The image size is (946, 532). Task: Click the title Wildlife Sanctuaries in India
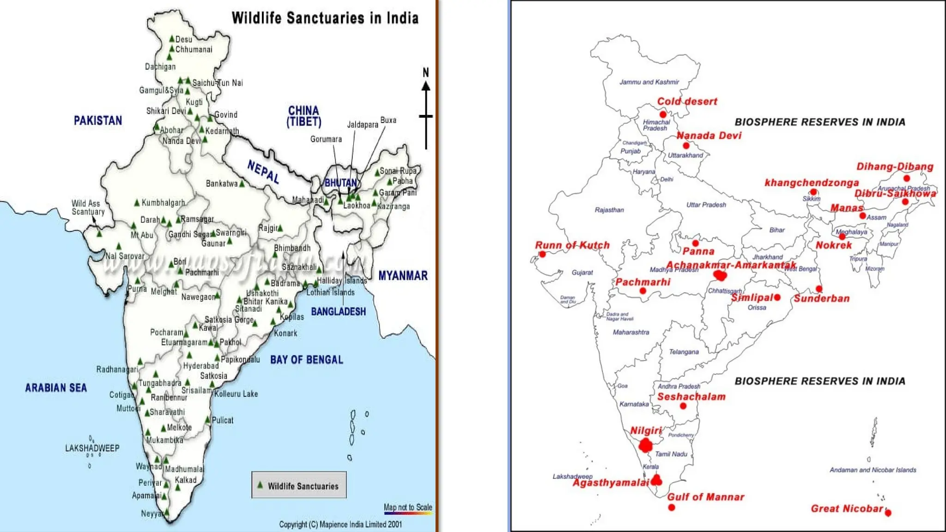tap(325, 18)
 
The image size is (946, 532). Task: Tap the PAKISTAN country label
tap(98, 121)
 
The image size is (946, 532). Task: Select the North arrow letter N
tap(426, 73)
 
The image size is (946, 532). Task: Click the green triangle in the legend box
tap(260, 485)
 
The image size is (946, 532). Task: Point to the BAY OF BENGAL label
tap(306, 360)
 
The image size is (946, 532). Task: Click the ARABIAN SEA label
tap(56, 388)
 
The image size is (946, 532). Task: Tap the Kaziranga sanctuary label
tap(394, 206)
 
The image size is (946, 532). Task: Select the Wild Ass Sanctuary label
tap(88, 207)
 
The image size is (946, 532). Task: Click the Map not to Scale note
tap(408, 507)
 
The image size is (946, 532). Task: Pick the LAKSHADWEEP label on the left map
tap(92, 448)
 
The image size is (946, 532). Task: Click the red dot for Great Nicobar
tap(888, 513)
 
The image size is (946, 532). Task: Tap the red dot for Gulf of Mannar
tap(672, 508)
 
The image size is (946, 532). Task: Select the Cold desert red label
tap(687, 102)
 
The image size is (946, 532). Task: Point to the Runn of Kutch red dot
tap(543, 254)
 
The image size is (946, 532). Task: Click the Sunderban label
tap(822, 298)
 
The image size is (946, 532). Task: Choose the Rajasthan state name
tap(609, 210)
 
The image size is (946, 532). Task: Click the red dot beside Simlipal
tap(777, 297)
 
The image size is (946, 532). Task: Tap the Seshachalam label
tap(691, 397)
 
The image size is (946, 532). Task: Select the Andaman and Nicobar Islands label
tap(873, 470)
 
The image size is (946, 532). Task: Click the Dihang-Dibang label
tap(895, 167)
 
